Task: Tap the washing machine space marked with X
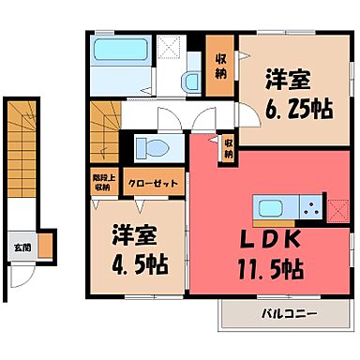pos(171,48)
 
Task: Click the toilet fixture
pos(149,145)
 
